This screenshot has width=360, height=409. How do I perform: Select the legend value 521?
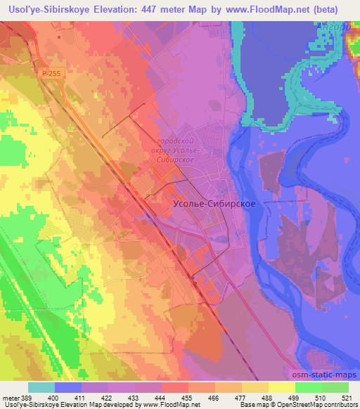point(340,397)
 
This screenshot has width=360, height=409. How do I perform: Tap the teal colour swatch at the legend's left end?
point(41,387)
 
